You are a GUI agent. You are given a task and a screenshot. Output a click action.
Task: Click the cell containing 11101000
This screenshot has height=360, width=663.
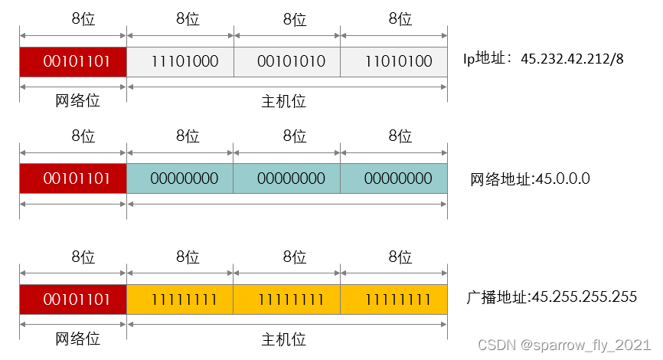pos(181,61)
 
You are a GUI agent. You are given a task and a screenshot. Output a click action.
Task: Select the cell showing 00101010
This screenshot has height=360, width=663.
pos(288,61)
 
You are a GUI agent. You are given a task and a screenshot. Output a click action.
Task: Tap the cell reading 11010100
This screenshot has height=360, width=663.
pos(394,61)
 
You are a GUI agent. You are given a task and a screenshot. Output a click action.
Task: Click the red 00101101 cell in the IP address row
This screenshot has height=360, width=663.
pos(73,61)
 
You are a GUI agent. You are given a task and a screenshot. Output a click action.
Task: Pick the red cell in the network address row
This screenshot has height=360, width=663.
pos(73,178)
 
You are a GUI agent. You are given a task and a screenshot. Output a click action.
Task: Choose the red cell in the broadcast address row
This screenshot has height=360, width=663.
pos(73,298)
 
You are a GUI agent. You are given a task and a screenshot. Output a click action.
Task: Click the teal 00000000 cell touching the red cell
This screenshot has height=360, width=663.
pos(181,178)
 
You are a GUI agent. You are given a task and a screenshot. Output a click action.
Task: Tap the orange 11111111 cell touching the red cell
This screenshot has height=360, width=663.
pos(181,298)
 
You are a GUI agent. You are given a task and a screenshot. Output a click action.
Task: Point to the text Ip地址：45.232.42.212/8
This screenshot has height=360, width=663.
pos(543,58)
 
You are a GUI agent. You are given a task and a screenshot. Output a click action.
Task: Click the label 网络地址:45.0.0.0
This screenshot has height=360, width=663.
pos(530,179)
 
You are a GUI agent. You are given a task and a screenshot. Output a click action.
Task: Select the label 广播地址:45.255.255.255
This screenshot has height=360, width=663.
pos(551,296)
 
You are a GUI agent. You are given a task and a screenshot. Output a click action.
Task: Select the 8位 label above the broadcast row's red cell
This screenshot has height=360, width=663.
pos(83,257)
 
